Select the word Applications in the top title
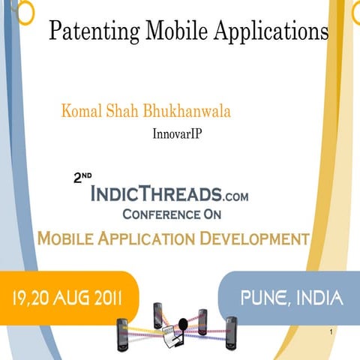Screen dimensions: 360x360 [x=271, y=31]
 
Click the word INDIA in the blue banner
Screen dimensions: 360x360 [x=316, y=299]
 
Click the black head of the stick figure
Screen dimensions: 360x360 [x=181, y=325]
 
